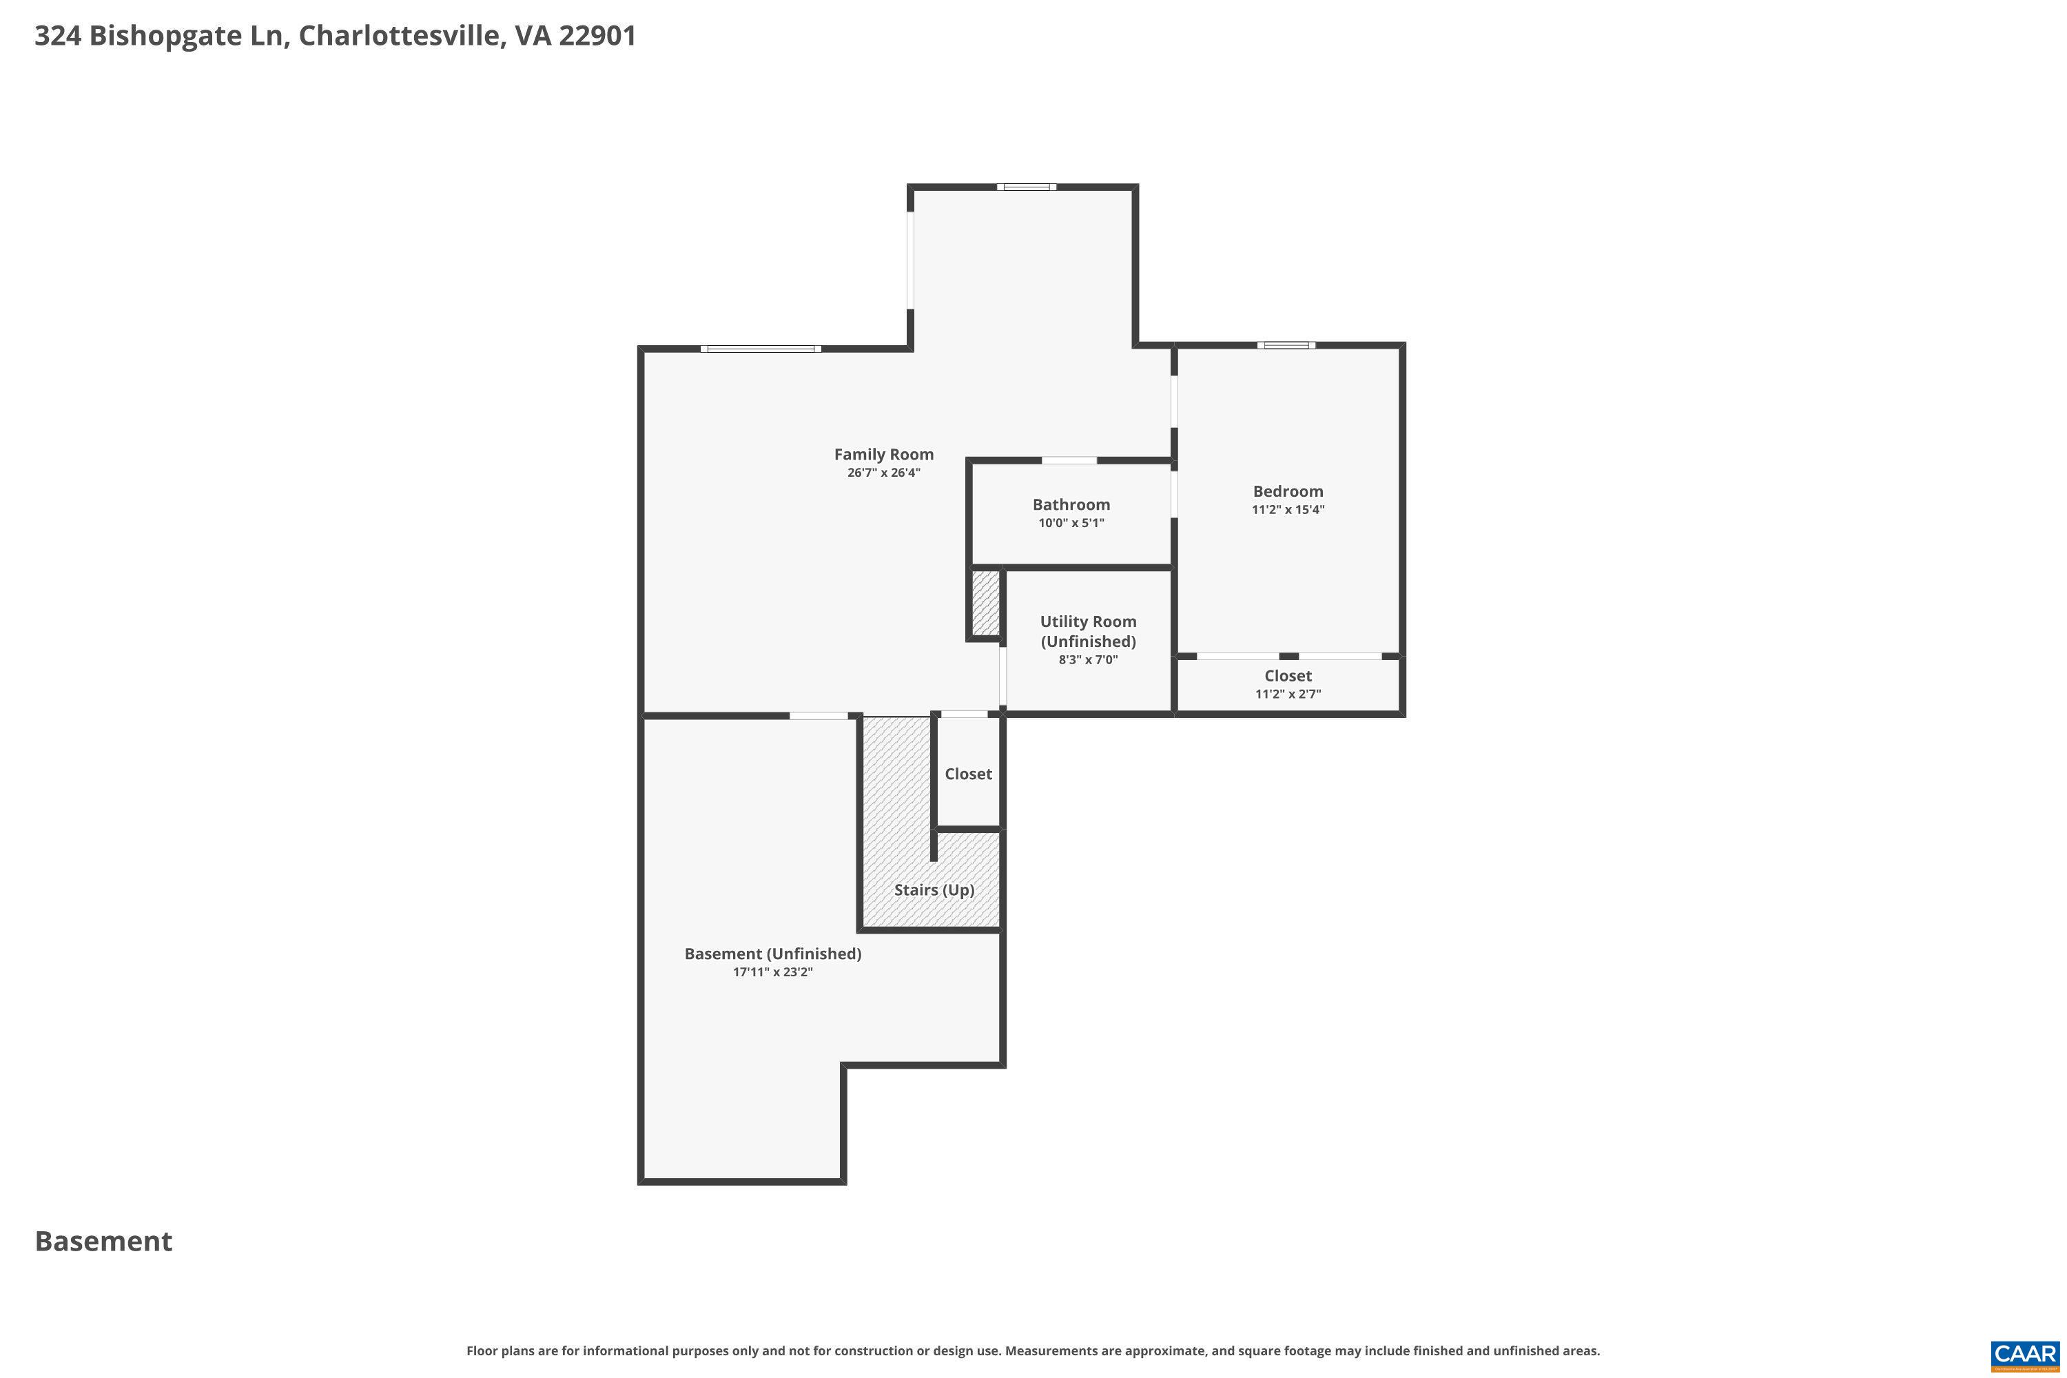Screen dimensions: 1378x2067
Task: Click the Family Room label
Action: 883,454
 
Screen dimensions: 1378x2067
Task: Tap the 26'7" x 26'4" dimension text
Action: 883,473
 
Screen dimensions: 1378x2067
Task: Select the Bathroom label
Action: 1071,504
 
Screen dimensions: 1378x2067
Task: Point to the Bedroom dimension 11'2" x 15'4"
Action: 1288,510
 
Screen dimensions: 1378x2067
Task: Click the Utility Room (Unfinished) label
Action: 1088,631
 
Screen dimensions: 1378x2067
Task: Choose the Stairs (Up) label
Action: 934,889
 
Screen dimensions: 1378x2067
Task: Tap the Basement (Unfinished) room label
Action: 772,954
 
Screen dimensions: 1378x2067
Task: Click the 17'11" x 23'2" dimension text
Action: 772,972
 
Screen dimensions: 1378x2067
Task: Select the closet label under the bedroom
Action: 1288,676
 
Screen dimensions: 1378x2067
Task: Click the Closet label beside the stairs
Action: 967,773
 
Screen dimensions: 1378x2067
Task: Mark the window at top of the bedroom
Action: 1286,345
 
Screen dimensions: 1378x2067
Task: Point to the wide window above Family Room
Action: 761,349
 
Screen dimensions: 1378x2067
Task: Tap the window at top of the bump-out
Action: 1026,186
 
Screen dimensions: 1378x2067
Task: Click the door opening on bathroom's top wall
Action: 1069,460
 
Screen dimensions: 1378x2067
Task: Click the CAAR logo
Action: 2025,1353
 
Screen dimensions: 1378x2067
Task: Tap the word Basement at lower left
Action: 104,1242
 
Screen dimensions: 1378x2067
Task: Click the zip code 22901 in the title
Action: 597,36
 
